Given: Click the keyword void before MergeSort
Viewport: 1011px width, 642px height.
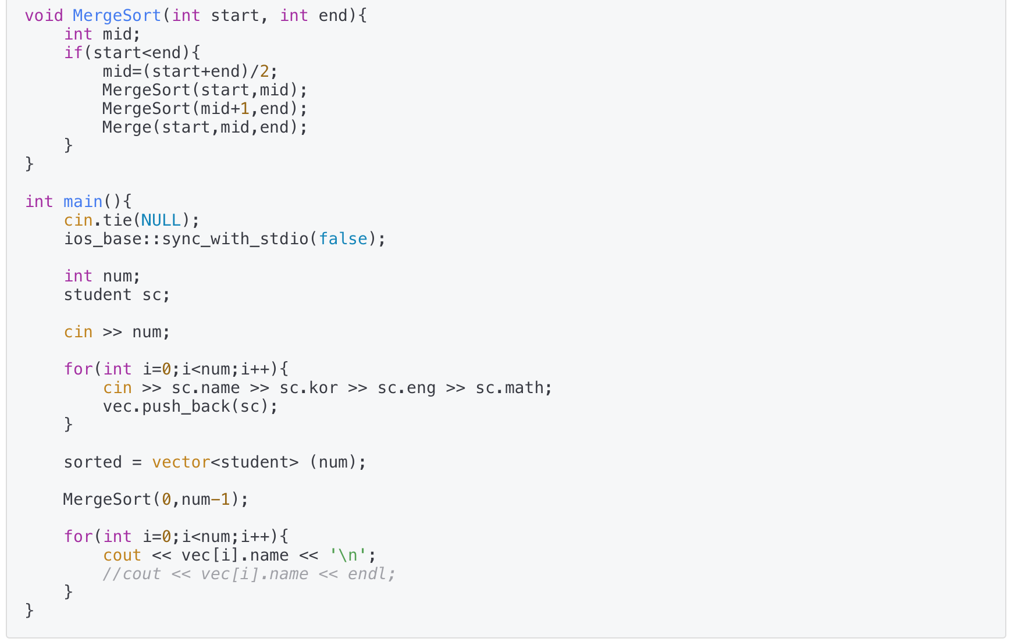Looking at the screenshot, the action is tap(44, 15).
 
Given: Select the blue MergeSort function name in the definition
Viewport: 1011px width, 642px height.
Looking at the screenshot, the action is tap(116, 15).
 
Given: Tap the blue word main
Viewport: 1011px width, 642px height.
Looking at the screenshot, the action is tap(83, 201).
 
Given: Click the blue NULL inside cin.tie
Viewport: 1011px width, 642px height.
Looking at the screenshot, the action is tap(161, 220).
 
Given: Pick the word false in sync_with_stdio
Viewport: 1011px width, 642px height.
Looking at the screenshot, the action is tap(343, 238).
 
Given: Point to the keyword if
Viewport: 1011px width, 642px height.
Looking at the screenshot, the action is tap(73, 52).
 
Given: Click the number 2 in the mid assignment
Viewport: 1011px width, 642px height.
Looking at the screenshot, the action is tap(265, 71).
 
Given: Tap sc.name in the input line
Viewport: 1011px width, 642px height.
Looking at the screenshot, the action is tap(205, 387).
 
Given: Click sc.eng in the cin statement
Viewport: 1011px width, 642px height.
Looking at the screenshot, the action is tap(407, 387).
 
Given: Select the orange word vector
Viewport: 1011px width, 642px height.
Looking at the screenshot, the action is tap(181, 462).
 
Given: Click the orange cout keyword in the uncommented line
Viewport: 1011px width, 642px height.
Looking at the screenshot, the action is tap(122, 555).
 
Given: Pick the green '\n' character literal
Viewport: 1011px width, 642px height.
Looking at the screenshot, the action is tap(348, 555).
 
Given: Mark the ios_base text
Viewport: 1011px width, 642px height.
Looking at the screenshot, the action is tap(102, 238).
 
